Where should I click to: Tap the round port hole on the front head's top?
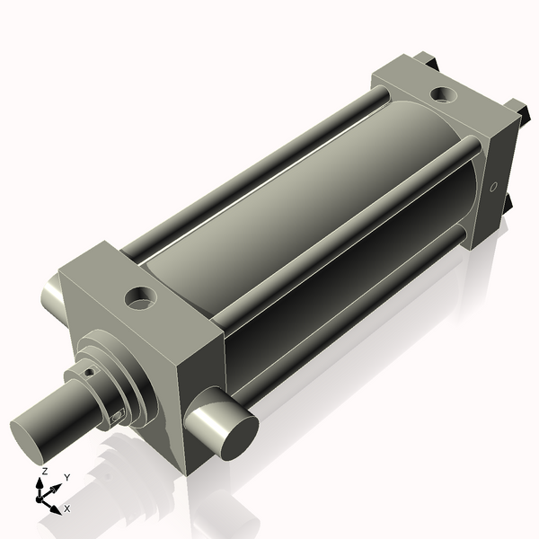coord(141,297)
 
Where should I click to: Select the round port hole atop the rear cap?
coord(442,93)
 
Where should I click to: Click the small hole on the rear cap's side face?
coord(492,188)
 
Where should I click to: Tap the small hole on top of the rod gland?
coord(88,370)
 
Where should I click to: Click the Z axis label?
coord(44,471)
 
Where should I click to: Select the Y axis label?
coord(67,477)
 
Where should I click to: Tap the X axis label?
coord(67,508)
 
